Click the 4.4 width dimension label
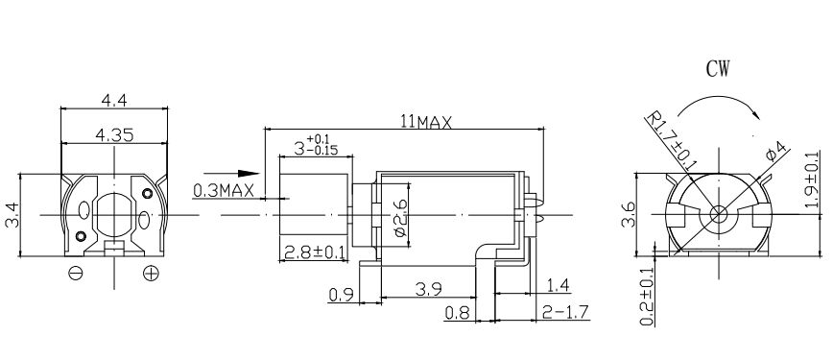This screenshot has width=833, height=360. click(114, 100)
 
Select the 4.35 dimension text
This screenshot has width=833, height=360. click(114, 135)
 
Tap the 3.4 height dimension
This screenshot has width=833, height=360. click(12, 215)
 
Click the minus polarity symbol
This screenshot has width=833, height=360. click(76, 273)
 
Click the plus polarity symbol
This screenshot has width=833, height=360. click(151, 273)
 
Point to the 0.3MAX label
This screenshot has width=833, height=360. click(223, 190)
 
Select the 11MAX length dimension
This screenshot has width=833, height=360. click(426, 123)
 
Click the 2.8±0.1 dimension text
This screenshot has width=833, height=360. click(314, 252)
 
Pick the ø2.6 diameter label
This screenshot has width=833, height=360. click(400, 217)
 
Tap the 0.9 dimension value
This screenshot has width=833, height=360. click(342, 294)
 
